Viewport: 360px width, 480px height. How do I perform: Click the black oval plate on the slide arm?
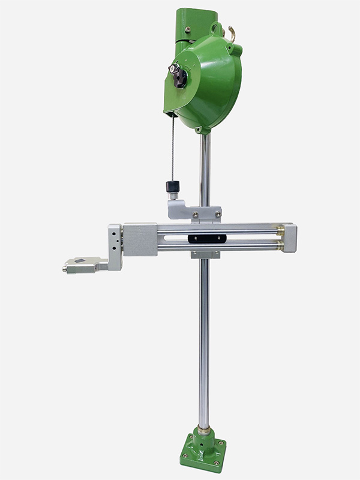point(207,238)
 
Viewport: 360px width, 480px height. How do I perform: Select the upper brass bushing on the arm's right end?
point(280,230)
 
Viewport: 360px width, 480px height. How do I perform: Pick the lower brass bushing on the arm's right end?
point(280,245)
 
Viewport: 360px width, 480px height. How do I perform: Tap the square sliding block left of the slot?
point(139,239)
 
